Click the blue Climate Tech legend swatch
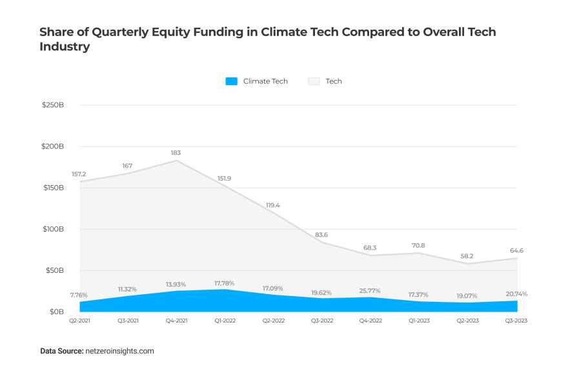click(232, 81)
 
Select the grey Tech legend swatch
click(314, 81)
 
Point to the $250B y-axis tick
click(53, 105)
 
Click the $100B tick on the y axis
click(53, 229)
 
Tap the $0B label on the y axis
click(57, 312)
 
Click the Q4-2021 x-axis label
click(177, 321)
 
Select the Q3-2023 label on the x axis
click(516, 321)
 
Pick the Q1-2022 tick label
click(225, 321)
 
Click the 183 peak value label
click(176, 153)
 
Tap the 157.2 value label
click(79, 174)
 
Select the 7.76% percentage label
click(79, 295)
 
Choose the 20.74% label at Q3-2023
click(516, 294)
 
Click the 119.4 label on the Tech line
click(274, 205)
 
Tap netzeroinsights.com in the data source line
click(119, 352)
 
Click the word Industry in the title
click(64, 47)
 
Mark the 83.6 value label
click(321, 235)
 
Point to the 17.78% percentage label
click(224, 283)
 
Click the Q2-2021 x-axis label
click(80, 321)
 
